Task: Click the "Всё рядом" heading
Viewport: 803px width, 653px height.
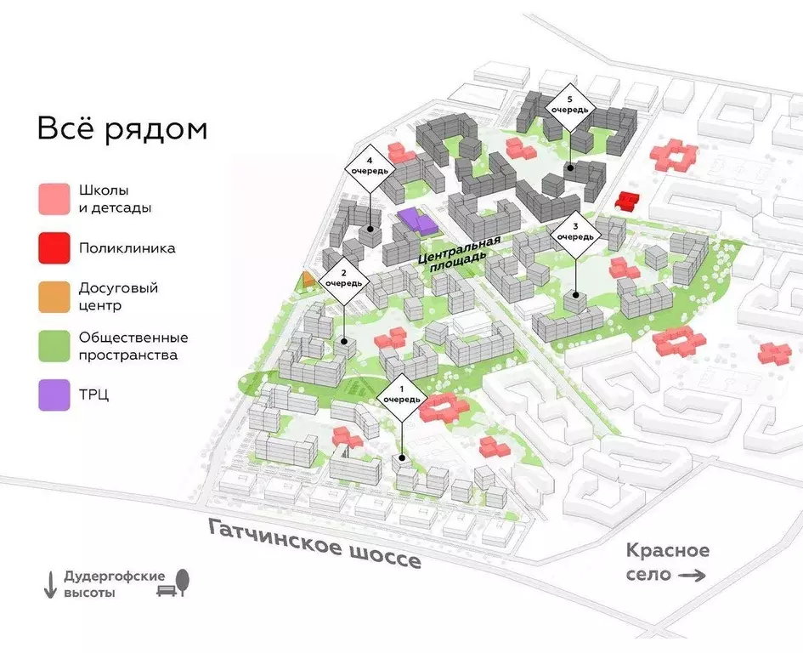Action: point(122,130)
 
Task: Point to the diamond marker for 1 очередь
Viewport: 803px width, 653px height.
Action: point(399,395)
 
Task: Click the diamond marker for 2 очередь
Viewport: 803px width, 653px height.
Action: point(343,278)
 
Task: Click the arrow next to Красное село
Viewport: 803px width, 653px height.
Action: point(693,576)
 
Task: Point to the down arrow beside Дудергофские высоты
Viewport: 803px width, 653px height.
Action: point(49,584)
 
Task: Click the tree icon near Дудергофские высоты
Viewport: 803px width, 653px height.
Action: point(184,582)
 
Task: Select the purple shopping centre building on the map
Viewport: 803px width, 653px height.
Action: point(416,220)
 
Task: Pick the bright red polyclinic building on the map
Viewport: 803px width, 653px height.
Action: point(627,202)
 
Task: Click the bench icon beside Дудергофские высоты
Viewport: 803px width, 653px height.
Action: point(165,588)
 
